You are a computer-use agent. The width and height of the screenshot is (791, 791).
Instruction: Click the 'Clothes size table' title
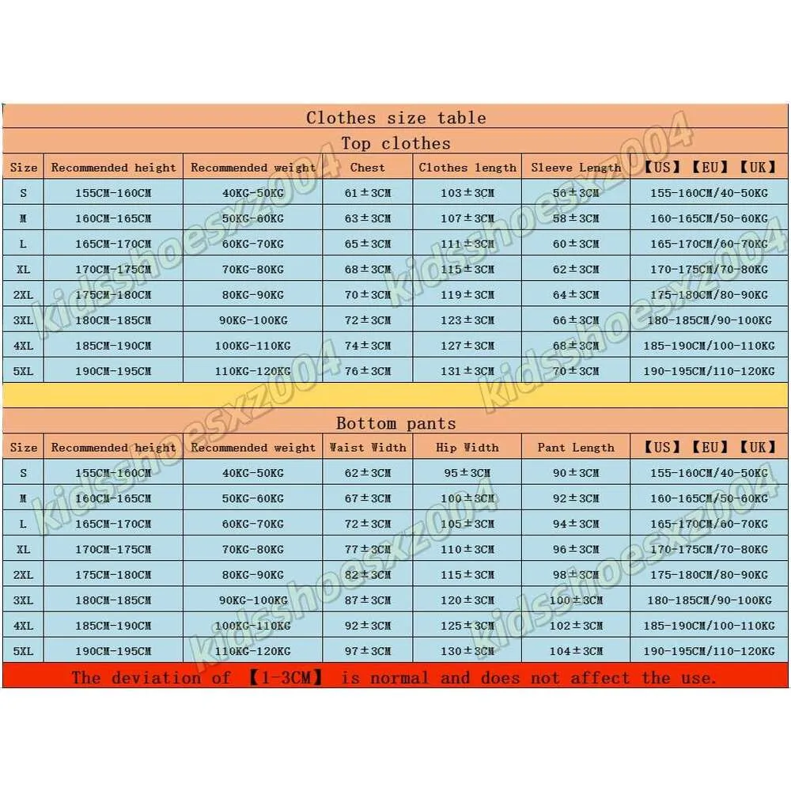[x=395, y=118]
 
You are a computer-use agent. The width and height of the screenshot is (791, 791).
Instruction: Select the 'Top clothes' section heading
[x=395, y=143]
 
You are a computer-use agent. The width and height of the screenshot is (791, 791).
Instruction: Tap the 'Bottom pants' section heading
[x=395, y=423]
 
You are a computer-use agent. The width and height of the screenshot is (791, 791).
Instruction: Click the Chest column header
[x=368, y=168]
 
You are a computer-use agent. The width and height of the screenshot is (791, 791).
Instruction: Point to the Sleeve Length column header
[x=576, y=168]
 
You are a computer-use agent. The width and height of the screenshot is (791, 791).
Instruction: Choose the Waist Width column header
[x=368, y=448]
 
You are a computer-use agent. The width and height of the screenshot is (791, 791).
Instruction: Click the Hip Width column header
[x=467, y=448]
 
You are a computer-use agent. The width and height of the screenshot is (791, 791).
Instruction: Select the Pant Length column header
[x=576, y=448]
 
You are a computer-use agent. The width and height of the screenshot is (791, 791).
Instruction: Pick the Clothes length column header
[x=467, y=168]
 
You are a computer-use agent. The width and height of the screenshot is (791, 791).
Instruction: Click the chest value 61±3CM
[x=368, y=193]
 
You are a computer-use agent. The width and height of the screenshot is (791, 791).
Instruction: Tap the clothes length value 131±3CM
[x=467, y=371]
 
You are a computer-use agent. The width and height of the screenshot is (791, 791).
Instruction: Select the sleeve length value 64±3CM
[x=576, y=295]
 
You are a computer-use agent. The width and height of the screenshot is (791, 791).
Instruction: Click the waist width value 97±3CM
[x=368, y=651]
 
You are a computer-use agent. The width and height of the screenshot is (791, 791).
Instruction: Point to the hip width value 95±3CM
[x=467, y=473]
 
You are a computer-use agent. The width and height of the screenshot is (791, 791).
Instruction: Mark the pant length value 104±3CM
[x=576, y=651]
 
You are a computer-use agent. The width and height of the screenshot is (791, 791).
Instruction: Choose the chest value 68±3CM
[x=368, y=270]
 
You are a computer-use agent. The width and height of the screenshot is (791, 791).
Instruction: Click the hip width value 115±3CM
[x=467, y=575]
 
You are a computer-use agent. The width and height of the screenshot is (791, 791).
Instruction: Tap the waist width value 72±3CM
[x=368, y=524]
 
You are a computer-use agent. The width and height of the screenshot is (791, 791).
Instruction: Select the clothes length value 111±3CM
[x=467, y=244]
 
